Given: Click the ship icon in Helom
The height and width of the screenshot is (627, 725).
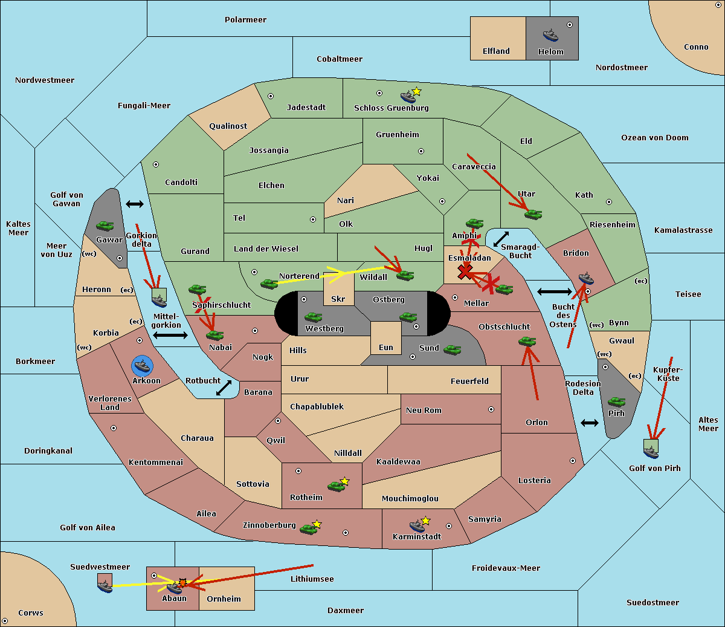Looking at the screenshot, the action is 550,35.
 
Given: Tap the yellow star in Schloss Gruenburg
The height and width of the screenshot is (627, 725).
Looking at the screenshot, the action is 416,92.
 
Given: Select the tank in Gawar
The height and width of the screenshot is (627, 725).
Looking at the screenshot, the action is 105,226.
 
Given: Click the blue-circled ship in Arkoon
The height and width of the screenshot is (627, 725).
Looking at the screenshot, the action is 142,365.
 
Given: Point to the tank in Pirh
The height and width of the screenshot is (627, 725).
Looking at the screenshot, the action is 616,401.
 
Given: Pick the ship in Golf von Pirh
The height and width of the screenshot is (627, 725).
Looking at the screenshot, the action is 651,452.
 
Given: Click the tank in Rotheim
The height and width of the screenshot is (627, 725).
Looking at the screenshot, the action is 336,486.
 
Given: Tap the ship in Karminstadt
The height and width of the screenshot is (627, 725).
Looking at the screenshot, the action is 417,525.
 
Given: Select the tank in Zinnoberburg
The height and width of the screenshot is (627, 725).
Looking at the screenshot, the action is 308,529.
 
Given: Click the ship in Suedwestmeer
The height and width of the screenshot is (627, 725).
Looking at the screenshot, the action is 105,586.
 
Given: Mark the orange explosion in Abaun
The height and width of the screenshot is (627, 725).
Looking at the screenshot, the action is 182,583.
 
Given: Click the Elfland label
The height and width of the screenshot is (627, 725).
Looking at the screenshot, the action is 496,51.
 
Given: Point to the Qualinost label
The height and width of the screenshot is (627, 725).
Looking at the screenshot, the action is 228,126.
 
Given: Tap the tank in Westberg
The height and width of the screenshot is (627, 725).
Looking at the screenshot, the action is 313,317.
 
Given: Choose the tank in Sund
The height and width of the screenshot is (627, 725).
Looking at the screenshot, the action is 452,349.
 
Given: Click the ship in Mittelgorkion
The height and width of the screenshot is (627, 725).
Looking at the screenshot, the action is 159,301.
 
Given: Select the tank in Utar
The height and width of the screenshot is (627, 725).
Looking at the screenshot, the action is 533,214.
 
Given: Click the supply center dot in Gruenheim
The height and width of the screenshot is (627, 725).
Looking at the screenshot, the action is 421,151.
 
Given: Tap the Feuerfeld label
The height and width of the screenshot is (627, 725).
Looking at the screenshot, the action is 469,382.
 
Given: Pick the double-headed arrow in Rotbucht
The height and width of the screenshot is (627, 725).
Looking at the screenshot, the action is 224,388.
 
